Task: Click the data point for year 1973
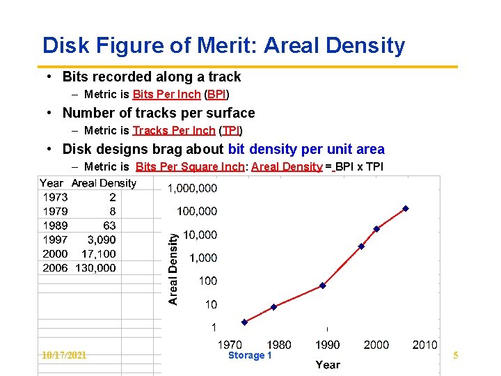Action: pyautogui.click(x=244, y=322)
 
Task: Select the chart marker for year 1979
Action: pyautogui.click(x=273, y=307)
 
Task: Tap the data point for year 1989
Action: pyautogui.click(x=322, y=285)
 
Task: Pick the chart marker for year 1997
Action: pyautogui.click(x=361, y=246)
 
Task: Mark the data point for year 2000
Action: pyautogui.click(x=376, y=228)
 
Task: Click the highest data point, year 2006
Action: pyautogui.click(x=406, y=208)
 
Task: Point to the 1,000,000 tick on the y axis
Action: pyautogui.click(x=192, y=188)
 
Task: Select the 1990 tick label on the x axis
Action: pyautogui.click(x=327, y=345)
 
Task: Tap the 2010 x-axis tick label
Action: pyautogui.click(x=424, y=345)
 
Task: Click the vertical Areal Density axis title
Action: pyautogui.click(x=173, y=268)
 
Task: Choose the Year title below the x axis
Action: pyautogui.click(x=328, y=364)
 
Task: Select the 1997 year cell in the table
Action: pyautogui.click(x=55, y=240)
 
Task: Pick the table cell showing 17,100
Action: pyautogui.click(x=98, y=254)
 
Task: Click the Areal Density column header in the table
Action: pyautogui.click(x=104, y=183)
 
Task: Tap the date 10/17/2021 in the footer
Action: pyautogui.click(x=64, y=356)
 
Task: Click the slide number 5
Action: pyautogui.click(x=455, y=356)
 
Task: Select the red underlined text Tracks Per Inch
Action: pyautogui.click(x=174, y=131)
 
